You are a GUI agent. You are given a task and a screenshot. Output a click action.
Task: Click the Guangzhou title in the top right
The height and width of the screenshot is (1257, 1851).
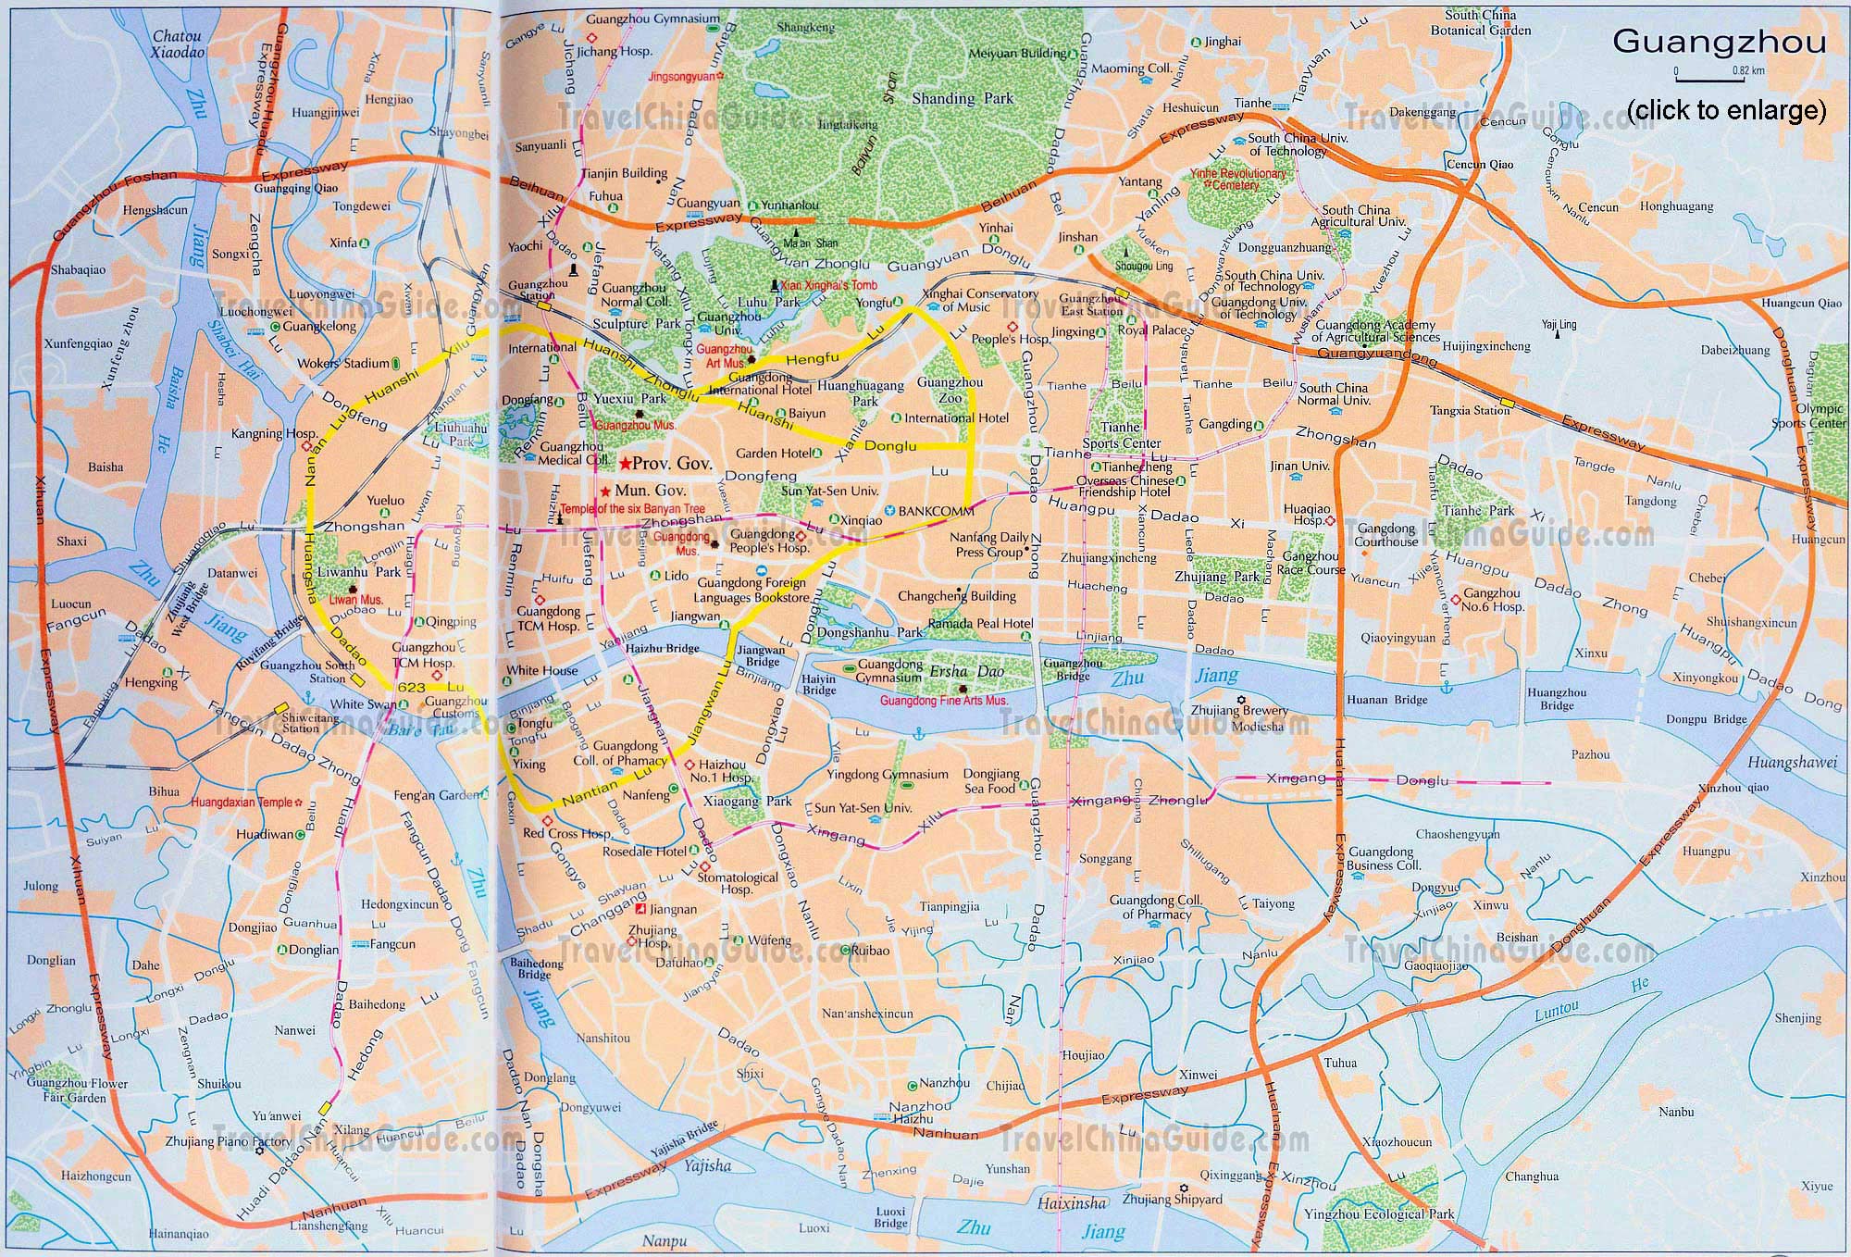pyautogui.click(x=1719, y=43)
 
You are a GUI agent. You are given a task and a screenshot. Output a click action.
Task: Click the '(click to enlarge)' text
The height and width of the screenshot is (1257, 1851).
pyautogui.click(x=1726, y=110)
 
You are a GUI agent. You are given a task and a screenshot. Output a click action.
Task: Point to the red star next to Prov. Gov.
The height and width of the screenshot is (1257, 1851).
pyautogui.click(x=626, y=463)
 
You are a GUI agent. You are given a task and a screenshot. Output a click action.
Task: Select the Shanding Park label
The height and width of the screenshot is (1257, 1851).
pyautogui.click(x=962, y=98)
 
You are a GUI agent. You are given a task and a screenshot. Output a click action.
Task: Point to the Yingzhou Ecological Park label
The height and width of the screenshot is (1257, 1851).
pyautogui.click(x=1378, y=1213)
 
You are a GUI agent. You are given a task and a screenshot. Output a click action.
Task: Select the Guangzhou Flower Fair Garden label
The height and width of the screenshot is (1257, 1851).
pyautogui.click(x=77, y=1090)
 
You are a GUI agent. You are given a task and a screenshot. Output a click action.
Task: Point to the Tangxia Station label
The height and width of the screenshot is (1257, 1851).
pyautogui.click(x=1469, y=410)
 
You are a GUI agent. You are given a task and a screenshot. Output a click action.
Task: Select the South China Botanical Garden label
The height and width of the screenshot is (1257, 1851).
pyautogui.click(x=1480, y=23)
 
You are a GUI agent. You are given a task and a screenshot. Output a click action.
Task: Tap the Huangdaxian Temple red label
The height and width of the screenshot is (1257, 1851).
pyautogui.click(x=242, y=803)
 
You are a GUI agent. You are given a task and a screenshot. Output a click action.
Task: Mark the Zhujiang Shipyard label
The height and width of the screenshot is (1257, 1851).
pyautogui.click(x=1172, y=1199)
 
